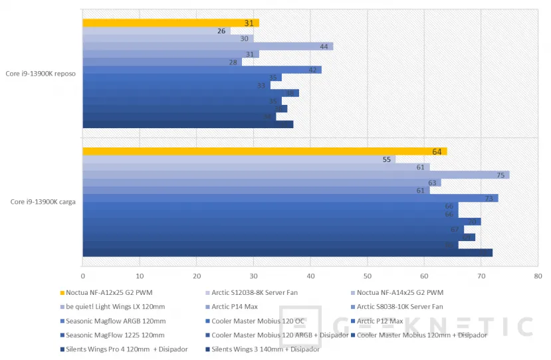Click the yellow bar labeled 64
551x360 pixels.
click(265, 151)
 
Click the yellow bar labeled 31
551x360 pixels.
click(171, 23)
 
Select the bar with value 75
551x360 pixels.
click(296, 175)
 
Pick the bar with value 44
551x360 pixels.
click(207, 46)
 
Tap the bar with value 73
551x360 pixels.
click(290, 198)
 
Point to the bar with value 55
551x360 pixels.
click(239, 159)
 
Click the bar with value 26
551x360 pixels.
click(156, 31)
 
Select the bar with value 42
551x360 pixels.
click(202, 70)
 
